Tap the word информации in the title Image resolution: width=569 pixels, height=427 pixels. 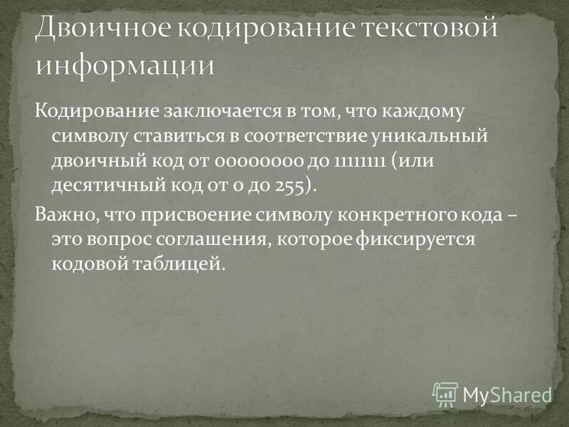(x=124, y=65)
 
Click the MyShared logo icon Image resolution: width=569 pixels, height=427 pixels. (x=445, y=394)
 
